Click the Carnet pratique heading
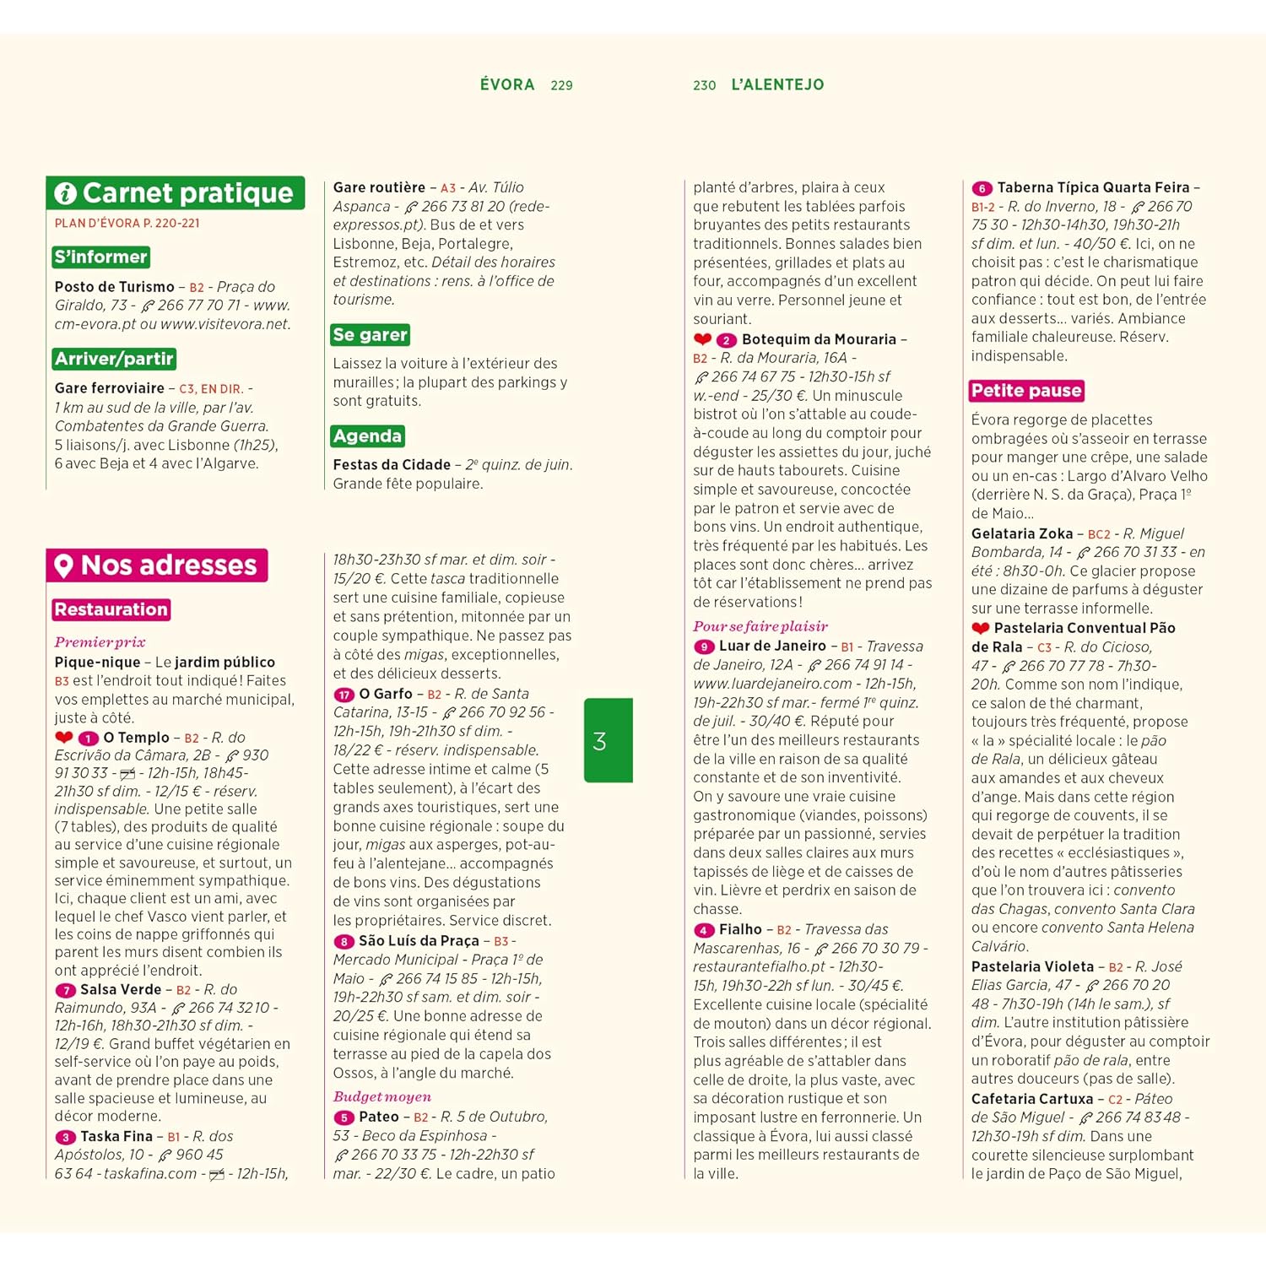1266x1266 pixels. pyautogui.click(x=176, y=193)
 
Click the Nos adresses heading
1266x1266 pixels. pyautogui.click(x=157, y=565)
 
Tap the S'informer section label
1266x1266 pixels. pyautogui.click(x=101, y=257)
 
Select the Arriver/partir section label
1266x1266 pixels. pyautogui.click(x=115, y=360)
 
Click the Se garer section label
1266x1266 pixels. pyautogui.click(x=371, y=335)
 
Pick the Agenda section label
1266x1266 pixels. pyautogui.click(x=367, y=436)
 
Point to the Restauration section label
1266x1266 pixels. pyautogui.click(x=111, y=609)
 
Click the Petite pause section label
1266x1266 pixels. pyautogui.click(x=1026, y=391)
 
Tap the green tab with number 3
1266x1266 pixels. pyautogui.click(x=608, y=740)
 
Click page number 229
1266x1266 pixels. pyautogui.click(x=561, y=85)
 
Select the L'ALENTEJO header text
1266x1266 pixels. pyautogui.click(x=777, y=84)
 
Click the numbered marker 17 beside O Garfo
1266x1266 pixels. pyautogui.click(x=344, y=695)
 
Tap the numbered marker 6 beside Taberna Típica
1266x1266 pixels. pyautogui.click(x=981, y=188)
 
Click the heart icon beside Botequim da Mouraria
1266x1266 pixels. pyautogui.click(x=702, y=339)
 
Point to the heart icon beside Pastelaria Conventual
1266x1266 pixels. pyautogui.click(x=980, y=629)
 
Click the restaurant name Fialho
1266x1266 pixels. pyautogui.click(x=740, y=929)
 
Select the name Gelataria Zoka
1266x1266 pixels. pyautogui.click(x=1021, y=533)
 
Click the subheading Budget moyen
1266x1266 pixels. pyautogui.click(x=381, y=1096)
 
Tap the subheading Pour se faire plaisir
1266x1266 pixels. pyautogui.click(x=760, y=626)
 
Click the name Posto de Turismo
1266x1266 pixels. pyautogui.click(x=114, y=287)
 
